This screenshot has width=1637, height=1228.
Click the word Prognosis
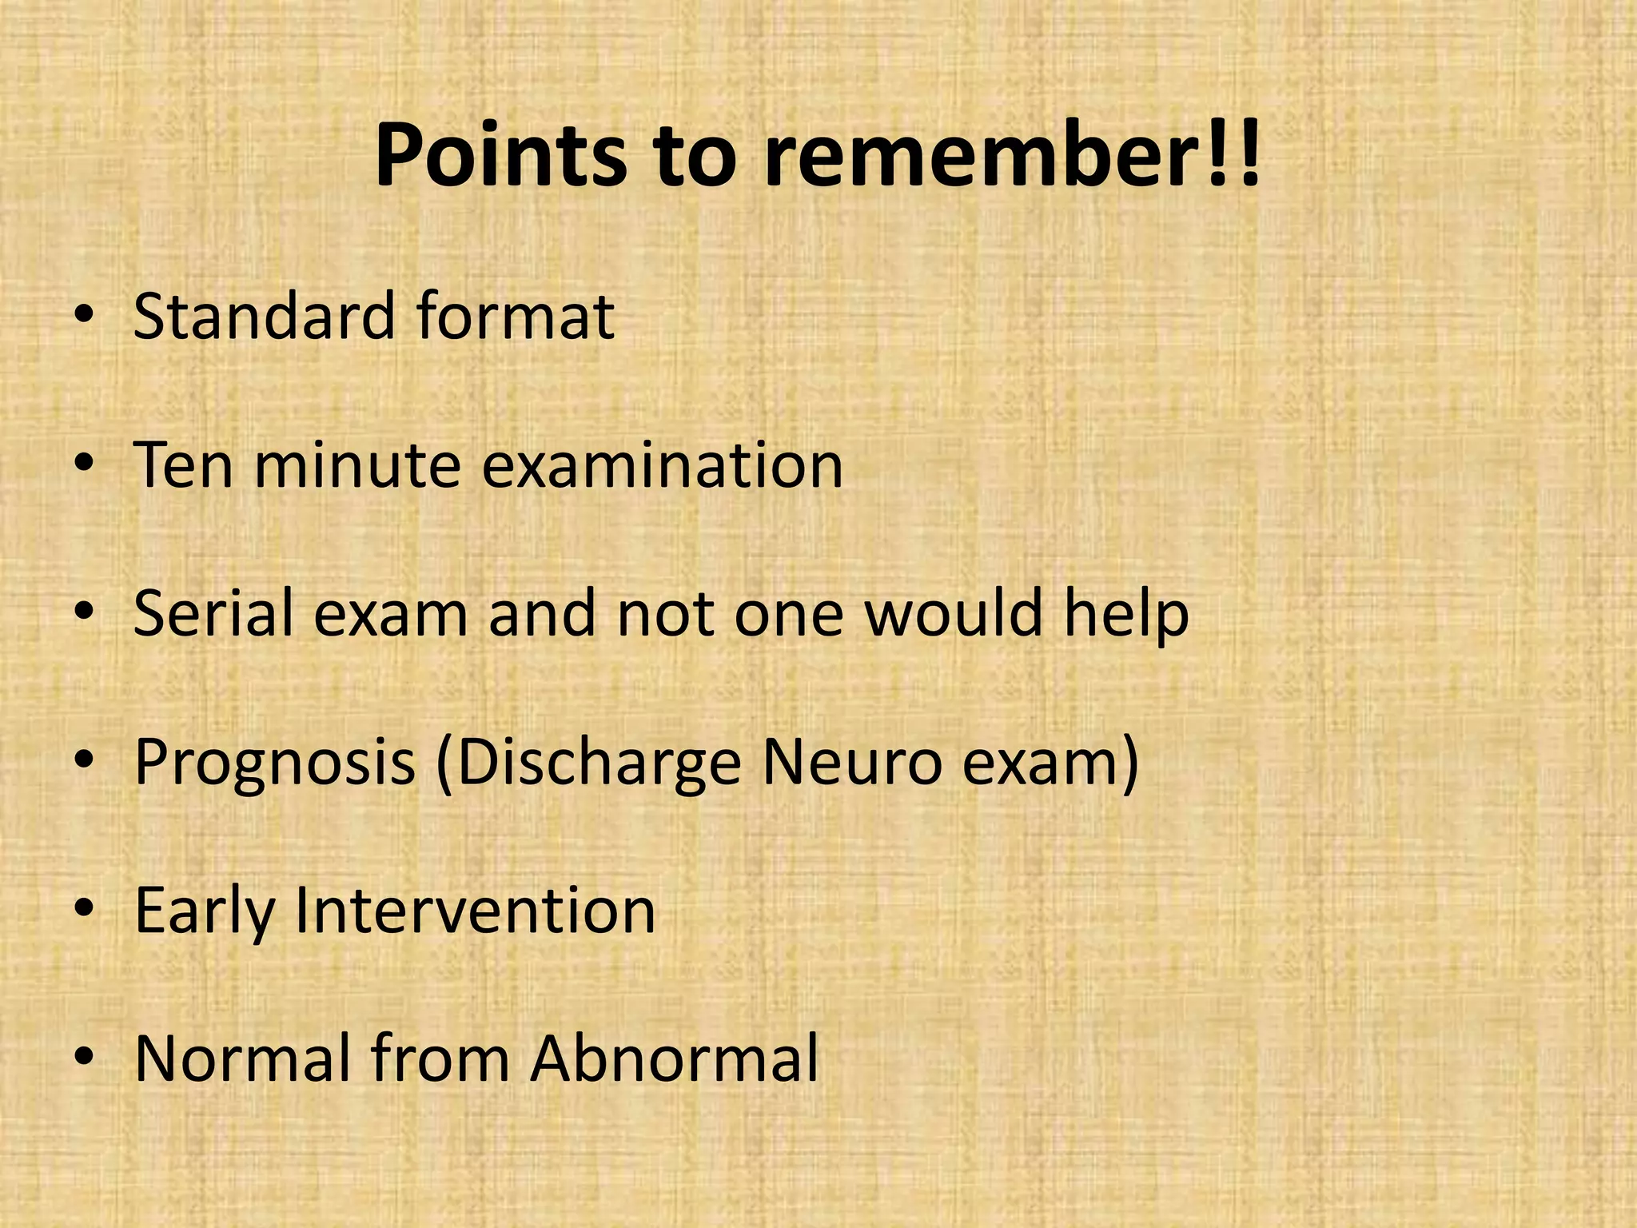(x=275, y=762)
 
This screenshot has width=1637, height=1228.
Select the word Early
(x=205, y=911)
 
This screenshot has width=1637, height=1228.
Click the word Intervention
(x=476, y=911)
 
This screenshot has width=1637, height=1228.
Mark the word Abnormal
(x=676, y=1059)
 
